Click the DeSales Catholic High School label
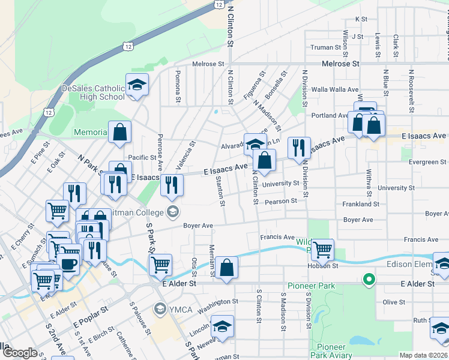93,92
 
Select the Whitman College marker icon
173,211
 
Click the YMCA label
179,310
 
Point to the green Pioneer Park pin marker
369,280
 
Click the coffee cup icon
68,264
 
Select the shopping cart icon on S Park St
160,263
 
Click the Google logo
20,353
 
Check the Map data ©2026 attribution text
424,355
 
